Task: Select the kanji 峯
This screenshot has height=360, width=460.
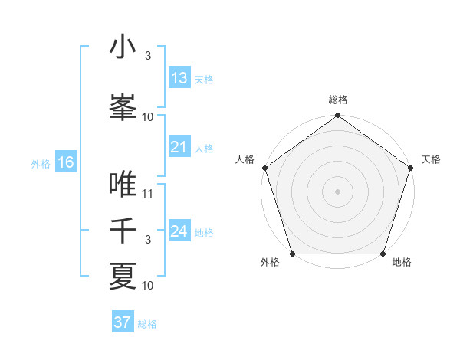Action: coord(123,106)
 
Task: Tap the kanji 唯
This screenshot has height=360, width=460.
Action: coord(123,185)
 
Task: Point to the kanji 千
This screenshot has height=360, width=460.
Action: coord(123,231)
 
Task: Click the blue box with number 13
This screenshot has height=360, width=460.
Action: coord(179,78)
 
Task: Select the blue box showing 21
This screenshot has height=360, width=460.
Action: coord(179,147)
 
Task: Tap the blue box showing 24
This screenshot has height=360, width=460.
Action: coord(179,231)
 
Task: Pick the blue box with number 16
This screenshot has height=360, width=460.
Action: coord(66,162)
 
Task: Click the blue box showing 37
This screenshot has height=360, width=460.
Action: coord(122,322)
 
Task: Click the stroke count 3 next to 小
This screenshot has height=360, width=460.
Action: coord(148,57)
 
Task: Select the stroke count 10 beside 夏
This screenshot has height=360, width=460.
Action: coord(148,286)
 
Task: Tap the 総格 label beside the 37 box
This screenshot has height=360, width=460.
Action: coord(147,324)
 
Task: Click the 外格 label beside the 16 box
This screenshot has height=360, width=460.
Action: coord(40,163)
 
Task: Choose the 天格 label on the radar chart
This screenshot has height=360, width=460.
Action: coord(432,159)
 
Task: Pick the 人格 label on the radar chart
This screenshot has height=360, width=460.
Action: coord(245,159)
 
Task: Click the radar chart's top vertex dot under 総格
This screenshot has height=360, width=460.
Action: coord(337,116)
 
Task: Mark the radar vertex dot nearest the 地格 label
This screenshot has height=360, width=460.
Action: coord(383,254)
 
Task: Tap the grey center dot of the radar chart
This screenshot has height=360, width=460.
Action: coord(337,191)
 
